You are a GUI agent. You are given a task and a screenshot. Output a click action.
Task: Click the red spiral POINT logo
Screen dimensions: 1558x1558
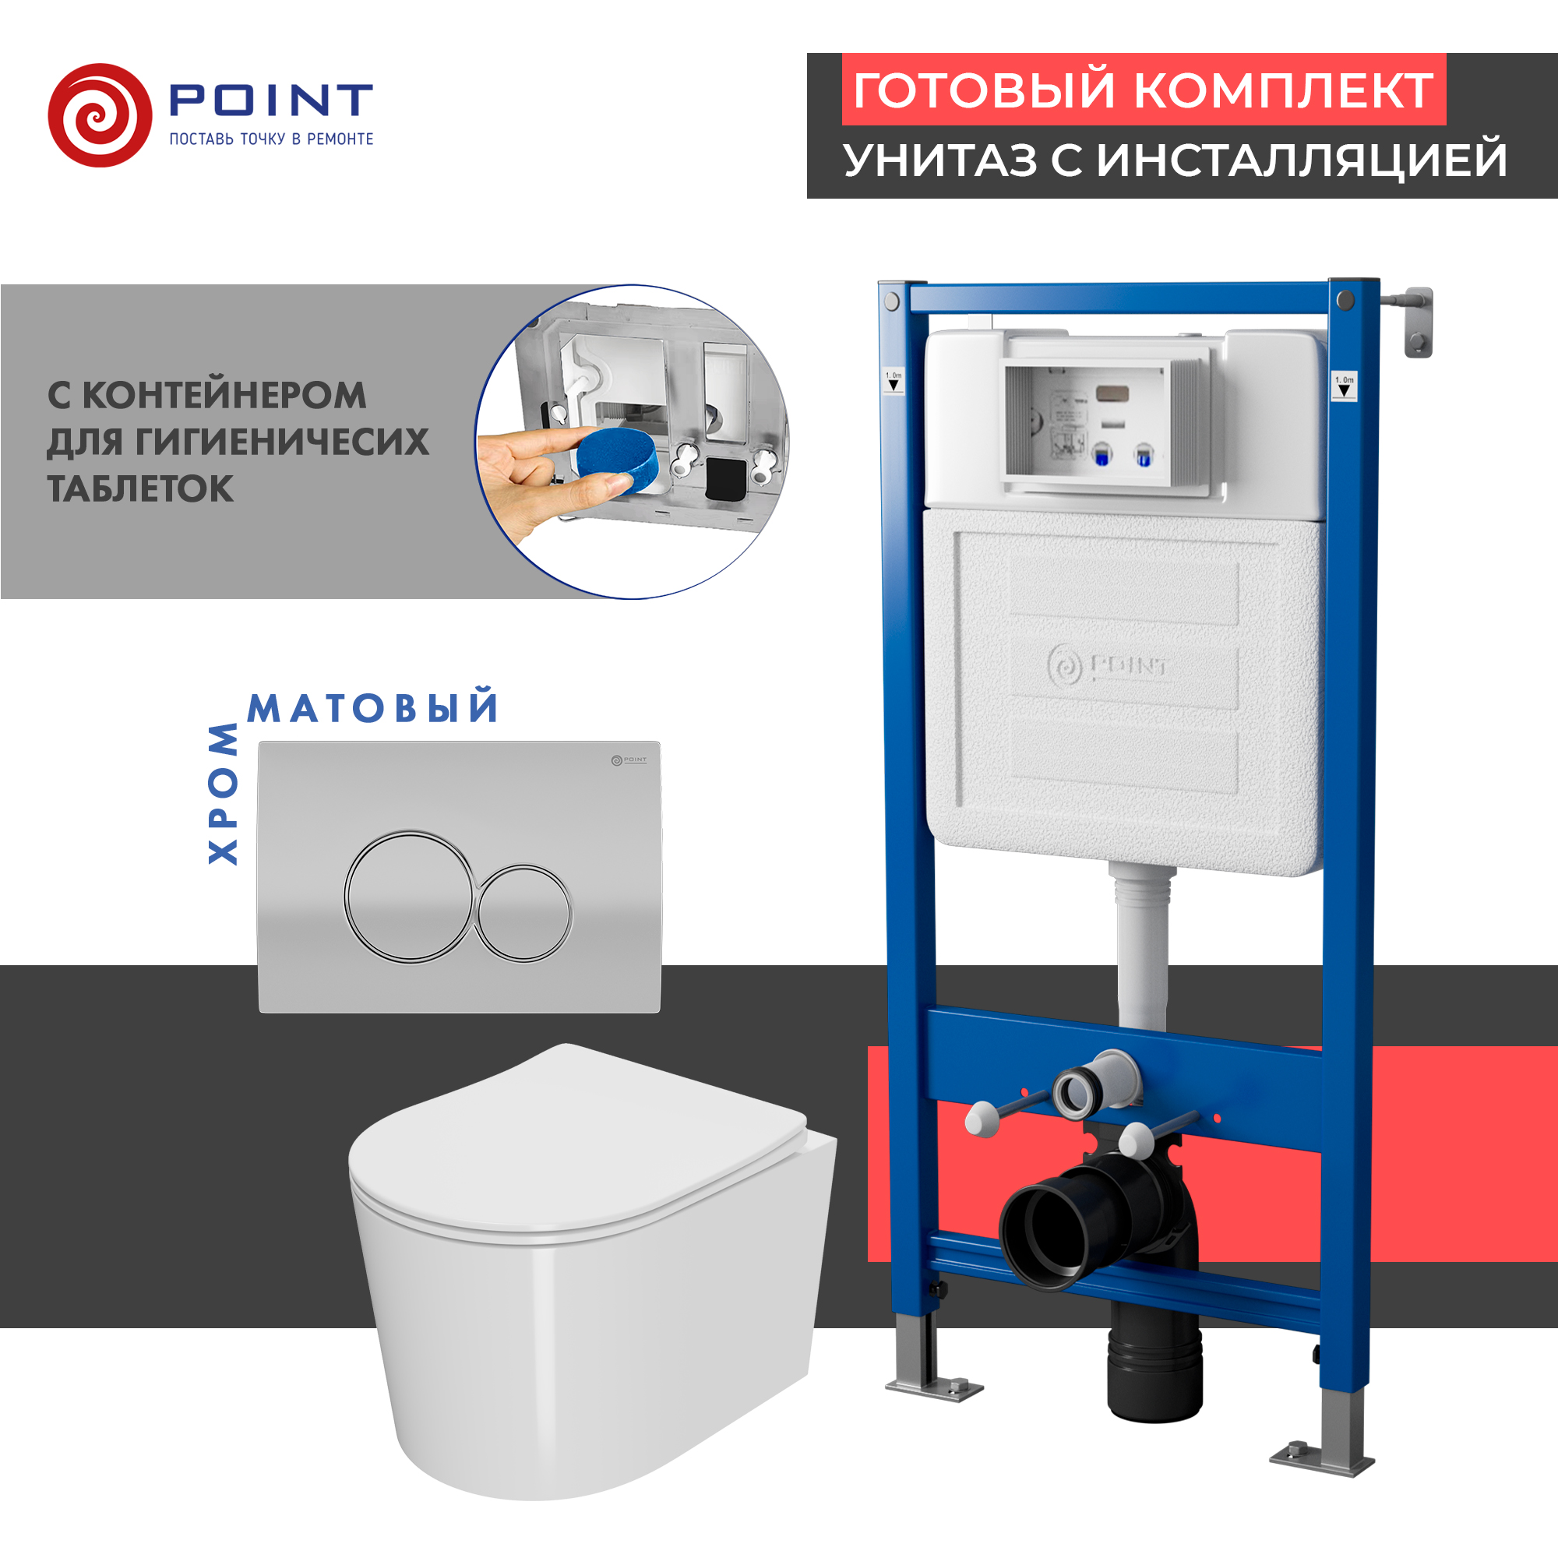coord(100,115)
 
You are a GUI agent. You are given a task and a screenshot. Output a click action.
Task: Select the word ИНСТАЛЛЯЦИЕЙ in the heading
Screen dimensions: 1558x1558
coord(1302,160)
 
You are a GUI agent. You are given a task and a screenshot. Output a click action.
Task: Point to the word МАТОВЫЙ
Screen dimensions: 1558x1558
coord(372,708)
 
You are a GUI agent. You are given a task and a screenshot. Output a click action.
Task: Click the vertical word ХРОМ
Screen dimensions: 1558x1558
coord(224,795)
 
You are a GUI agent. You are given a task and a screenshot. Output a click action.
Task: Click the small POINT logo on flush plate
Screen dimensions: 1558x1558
coord(628,760)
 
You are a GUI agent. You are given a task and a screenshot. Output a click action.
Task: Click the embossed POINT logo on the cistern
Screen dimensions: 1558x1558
coord(1107,666)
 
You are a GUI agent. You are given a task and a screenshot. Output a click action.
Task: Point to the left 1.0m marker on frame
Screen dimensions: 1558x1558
coord(894,381)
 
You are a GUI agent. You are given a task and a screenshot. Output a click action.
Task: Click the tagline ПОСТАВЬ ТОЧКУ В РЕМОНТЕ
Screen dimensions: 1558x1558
coord(271,139)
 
